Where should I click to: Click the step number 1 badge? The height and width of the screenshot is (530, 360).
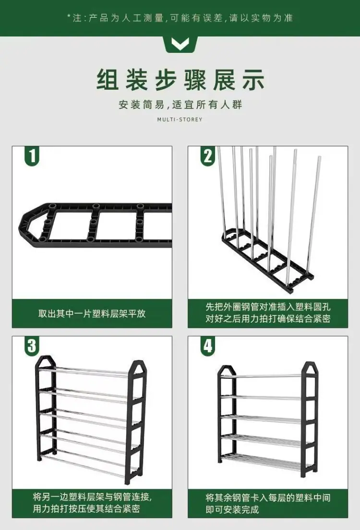click(x=32, y=156)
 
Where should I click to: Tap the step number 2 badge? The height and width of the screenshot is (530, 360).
click(x=207, y=156)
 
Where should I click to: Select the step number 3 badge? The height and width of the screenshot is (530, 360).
click(x=32, y=346)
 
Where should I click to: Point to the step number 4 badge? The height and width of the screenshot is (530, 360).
click(x=207, y=346)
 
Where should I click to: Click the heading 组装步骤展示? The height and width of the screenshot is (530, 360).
click(x=180, y=80)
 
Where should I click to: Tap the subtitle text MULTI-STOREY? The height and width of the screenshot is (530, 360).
click(x=180, y=120)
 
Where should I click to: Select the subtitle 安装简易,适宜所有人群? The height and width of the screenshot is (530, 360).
click(x=180, y=105)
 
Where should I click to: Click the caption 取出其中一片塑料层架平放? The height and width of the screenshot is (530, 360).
click(x=92, y=313)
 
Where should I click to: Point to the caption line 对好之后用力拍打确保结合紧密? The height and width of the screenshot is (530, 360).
click(x=268, y=319)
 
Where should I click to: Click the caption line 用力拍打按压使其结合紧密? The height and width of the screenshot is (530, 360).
click(x=86, y=509)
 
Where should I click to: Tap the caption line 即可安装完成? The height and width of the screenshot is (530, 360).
click(x=232, y=509)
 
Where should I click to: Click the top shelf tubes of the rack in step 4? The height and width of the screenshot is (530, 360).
click(x=267, y=376)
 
